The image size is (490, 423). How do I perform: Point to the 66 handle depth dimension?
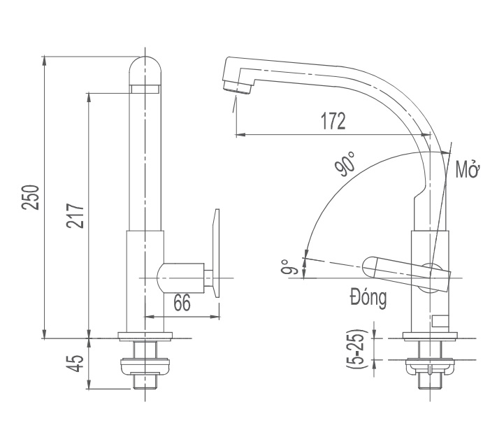(182, 303)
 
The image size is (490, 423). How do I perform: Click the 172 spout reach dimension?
(333, 121)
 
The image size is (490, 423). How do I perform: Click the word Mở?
(466, 170)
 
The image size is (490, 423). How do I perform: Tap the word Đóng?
(368, 299)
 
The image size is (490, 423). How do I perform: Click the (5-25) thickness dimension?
(359, 347)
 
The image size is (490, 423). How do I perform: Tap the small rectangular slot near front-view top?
(145, 89)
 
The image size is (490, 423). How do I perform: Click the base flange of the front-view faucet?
(145, 336)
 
